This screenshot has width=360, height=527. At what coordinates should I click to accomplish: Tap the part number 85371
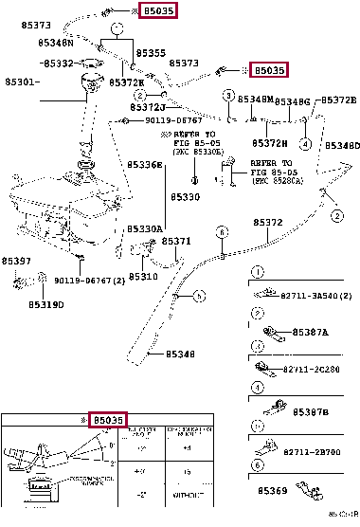click(x=176, y=241)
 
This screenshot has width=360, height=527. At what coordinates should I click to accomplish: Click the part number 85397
click(x=16, y=261)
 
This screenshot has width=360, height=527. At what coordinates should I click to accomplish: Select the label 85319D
click(x=46, y=305)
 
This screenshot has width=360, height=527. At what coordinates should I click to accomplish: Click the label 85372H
click(x=269, y=143)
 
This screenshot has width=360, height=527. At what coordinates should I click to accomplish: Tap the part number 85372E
click(x=338, y=100)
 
